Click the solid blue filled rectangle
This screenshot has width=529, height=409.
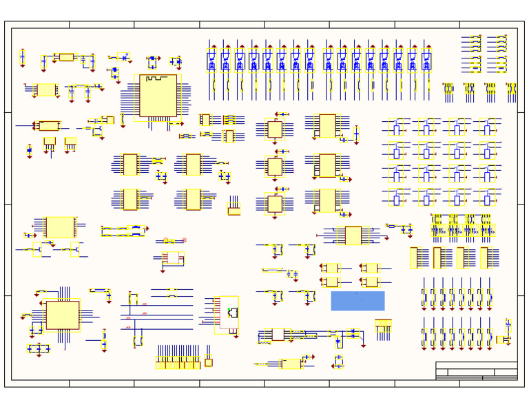(x=357, y=301)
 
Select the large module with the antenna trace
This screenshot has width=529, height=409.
(x=158, y=96)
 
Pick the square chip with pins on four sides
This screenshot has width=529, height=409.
(x=62, y=315)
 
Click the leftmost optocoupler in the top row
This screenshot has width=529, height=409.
(x=211, y=61)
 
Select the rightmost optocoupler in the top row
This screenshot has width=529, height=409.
(x=426, y=61)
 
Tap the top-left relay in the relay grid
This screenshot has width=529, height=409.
(x=396, y=127)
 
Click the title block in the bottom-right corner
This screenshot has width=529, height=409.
(x=477, y=370)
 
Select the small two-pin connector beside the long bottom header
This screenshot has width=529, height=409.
(x=208, y=361)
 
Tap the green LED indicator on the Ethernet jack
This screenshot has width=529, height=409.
(x=230, y=312)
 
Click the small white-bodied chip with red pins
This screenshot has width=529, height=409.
(x=172, y=258)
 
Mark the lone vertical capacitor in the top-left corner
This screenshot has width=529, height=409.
(x=23, y=57)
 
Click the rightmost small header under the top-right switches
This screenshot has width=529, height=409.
(x=511, y=89)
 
